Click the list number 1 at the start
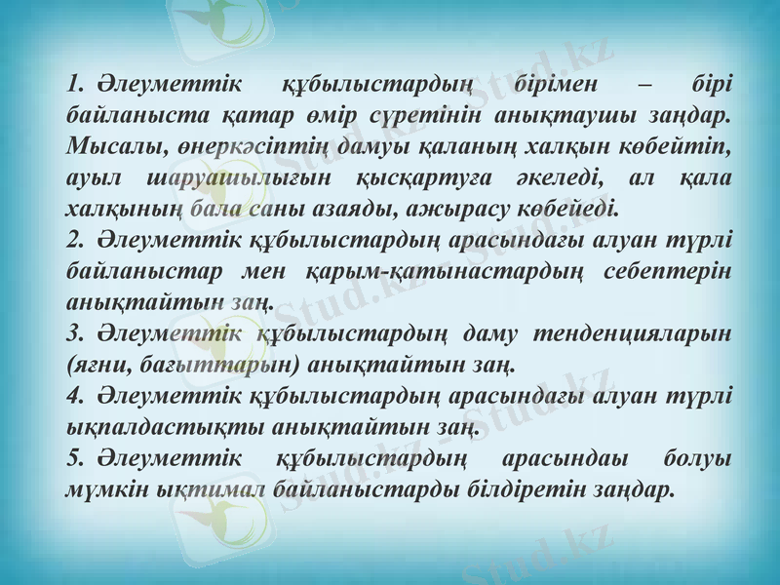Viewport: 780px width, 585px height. click(x=71, y=85)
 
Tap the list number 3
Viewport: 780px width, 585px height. click(x=71, y=333)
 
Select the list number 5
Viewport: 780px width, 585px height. click(x=71, y=458)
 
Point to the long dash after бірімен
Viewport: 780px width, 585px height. click(x=643, y=85)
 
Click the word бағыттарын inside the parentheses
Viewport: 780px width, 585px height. click(x=221, y=365)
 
